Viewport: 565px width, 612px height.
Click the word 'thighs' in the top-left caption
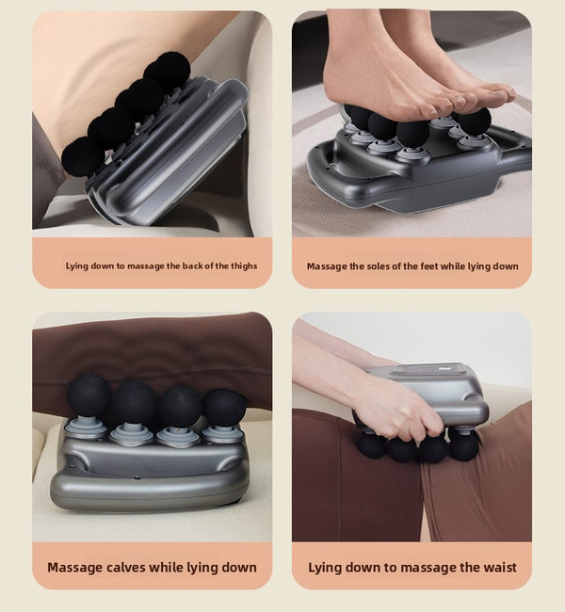pos(244,266)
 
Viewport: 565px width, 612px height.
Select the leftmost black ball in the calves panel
pos(88,397)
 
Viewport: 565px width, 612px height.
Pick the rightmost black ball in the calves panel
pos(224,409)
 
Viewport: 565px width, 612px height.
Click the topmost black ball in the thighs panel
pos(167,70)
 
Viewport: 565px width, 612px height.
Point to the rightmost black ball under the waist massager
pos(464,445)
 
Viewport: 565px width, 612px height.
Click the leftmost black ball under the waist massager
pos(371,445)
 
